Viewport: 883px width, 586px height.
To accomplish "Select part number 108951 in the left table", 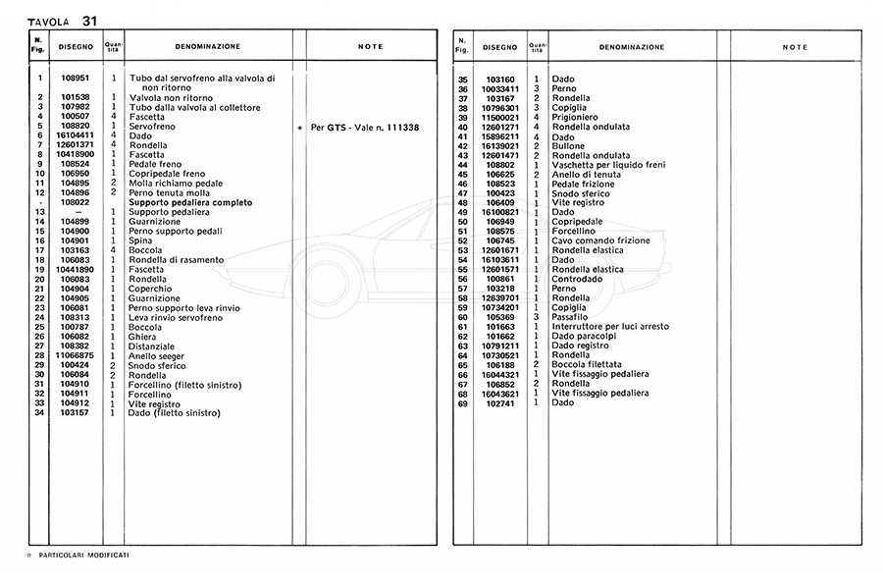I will (76, 78).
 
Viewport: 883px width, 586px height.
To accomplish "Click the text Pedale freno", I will (155, 164).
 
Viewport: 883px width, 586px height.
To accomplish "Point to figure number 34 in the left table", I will (40, 413).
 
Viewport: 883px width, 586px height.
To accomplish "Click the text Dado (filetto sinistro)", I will (175, 413).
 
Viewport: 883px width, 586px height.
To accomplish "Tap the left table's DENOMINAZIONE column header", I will (207, 46).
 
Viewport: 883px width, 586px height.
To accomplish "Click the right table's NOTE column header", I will (795, 47).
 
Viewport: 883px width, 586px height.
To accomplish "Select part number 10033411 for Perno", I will (499, 89).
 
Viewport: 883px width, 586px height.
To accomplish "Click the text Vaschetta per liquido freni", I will (607, 164).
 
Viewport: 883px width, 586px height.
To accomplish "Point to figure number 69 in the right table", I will (463, 402).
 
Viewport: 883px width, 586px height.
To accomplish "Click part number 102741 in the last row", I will (499, 402).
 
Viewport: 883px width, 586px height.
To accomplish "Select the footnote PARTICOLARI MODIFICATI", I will (83, 555).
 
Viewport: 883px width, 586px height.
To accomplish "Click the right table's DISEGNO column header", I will (499, 47).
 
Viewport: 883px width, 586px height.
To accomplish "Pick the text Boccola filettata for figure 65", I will (586, 364).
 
